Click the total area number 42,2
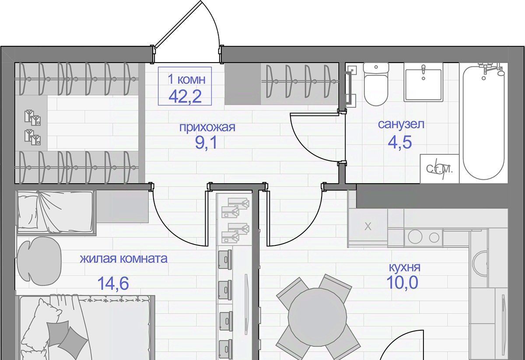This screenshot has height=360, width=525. (x=185, y=97)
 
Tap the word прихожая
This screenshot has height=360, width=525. (x=207, y=127)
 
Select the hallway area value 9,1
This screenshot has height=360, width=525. (x=206, y=143)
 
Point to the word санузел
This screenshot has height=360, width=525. (x=401, y=124)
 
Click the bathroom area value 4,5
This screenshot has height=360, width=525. (x=400, y=142)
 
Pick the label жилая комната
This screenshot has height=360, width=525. (x=124, y=259)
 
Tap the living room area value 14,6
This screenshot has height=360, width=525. (x=113, y=283)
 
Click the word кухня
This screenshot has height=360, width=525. (x=405, y=267)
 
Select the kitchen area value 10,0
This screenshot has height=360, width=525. (x=402, y=283)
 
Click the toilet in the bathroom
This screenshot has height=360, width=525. (x=376, y=84)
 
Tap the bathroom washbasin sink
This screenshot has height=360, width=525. (x=423, y=82)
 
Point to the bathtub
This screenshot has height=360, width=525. (x=484, y=122)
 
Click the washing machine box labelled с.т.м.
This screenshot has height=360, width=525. (x=439, y=168)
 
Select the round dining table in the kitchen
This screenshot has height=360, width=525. (x=318, y=317)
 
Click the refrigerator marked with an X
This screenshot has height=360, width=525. (x=367, y=227)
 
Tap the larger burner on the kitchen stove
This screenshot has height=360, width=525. (x=415, y=237)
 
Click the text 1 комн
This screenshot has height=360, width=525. (x=186, y=79)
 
